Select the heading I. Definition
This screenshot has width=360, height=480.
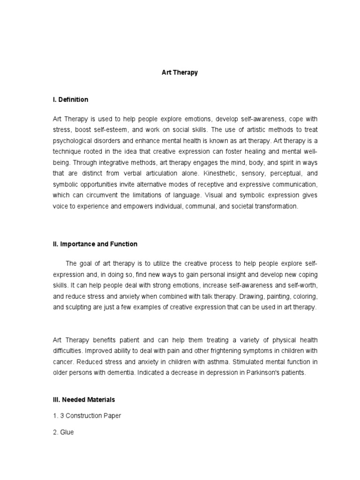[70, 99]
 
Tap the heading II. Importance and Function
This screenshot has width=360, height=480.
[95, 244]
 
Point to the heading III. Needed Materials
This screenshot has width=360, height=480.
[83, 399]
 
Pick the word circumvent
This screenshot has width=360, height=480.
[104, 195]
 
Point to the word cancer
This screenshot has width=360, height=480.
[63, 361]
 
